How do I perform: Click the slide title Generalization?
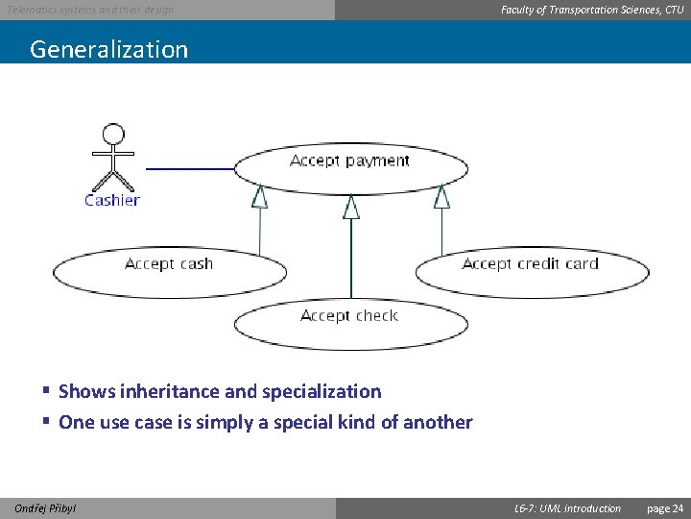coord(108,49)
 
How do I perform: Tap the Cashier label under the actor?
coord(111,200)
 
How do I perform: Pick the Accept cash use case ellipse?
coord(169,271)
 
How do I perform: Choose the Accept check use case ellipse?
coord(349,324)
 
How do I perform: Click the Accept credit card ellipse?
coord(531,271)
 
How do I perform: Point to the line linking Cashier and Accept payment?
coord(189,168)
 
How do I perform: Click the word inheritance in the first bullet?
coord(165,391)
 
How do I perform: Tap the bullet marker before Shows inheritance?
coord(46,391)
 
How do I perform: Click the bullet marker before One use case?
coord(46,422)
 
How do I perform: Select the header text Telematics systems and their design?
coord(90,10)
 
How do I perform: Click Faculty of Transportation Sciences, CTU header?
coord(592,10)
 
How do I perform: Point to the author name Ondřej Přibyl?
coord(45,508)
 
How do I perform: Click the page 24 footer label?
coord(665,508)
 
